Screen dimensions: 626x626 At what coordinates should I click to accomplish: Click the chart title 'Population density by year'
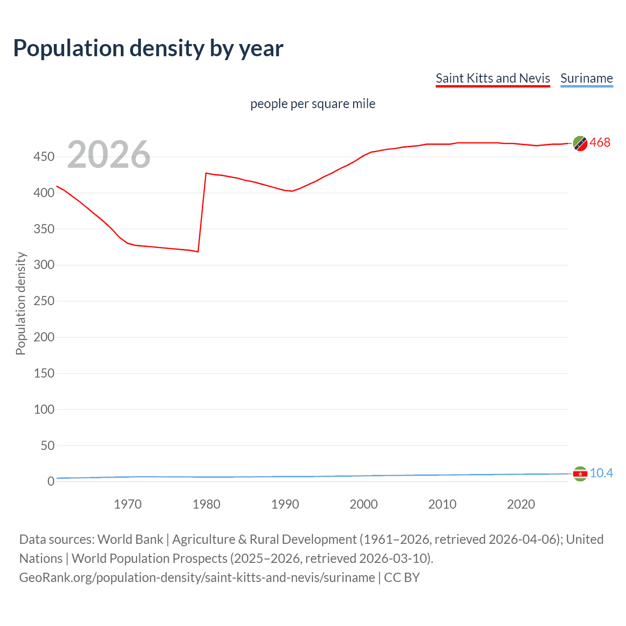click(x=148, y=48)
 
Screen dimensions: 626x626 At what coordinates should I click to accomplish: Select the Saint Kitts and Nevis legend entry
click(x=492, y=78)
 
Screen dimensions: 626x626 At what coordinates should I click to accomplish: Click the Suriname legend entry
click(x=586, y=78)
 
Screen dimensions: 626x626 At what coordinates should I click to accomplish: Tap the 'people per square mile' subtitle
click(x=313, y=104)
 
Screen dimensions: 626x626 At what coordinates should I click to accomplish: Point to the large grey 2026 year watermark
click(x=109, y=155)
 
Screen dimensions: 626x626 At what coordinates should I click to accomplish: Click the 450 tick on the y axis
click(x=44, y=157)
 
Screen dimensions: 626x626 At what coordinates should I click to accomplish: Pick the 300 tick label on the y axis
click(x=44, y=265)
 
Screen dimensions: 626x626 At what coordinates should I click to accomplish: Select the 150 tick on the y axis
click(x=44, y=373)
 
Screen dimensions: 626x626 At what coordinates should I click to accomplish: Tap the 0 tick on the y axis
click(x=51, y=481)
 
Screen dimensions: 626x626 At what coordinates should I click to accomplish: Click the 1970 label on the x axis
click(x=128, y=504)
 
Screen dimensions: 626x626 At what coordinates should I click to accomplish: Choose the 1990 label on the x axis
click(x=285, y=504)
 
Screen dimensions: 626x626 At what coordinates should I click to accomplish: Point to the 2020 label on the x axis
click(x=521, y=504)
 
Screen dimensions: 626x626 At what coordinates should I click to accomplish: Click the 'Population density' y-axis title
click(x=21, y=303)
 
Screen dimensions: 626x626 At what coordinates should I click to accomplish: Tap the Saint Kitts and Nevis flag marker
click(x=580, y=143)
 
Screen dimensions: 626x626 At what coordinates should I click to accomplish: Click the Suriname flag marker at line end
click(x=580, y=473)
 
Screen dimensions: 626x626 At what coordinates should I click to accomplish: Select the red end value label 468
click(x=600, y=142)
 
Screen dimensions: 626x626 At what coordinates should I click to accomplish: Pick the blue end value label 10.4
click(x=601, y=473)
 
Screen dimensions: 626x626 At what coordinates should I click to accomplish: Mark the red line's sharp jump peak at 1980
click(x=206, y=173)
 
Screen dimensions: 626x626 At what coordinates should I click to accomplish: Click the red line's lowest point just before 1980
click(x=198, y=252)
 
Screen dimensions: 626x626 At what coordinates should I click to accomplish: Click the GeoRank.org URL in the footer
click(x=197, y=578)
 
